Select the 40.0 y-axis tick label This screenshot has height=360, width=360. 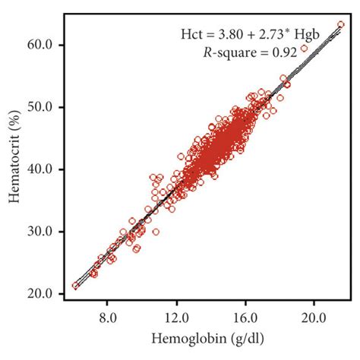tap(40, 169)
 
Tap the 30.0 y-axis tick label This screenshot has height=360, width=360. tap(40, 232)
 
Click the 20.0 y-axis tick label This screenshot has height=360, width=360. tap(40, 294)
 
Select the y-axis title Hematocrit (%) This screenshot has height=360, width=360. tap(13, 169)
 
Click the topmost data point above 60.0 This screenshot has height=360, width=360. tap(340, 24)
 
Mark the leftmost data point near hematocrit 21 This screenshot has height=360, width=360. tap(74, 286)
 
